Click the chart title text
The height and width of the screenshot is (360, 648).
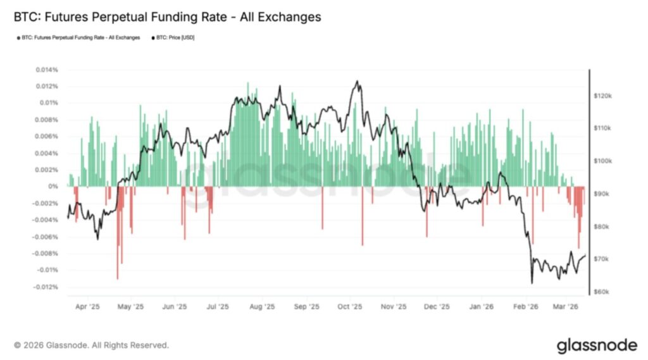pyautogui.click(x=167, y=17)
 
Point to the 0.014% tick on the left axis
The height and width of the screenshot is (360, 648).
pyautogui.click(x=46, y=70)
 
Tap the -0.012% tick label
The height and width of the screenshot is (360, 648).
pyautogui.click(x=45, y=287)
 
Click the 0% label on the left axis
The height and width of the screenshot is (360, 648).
pyautogui.click(x=53, y=187)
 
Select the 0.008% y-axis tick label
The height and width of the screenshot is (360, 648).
pyautogui.click(x=46, y=120)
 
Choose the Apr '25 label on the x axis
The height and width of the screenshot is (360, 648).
pyautogui.click(x=88, y=307)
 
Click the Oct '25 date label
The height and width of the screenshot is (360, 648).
pyautogui.click(x=349, y=307)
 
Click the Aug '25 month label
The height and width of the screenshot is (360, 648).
pyautogui.click(x=262, y=307)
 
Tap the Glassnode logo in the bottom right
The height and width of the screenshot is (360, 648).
pyautogui.click(x=597, y=345)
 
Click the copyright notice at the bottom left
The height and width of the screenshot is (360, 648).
pyautogui.click(x=91, y=345)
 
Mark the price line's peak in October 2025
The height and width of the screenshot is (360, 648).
pyautogui.click(x=358, y=81)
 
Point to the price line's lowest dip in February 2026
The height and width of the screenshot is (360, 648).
pyautogui.click(x=532, y=283)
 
